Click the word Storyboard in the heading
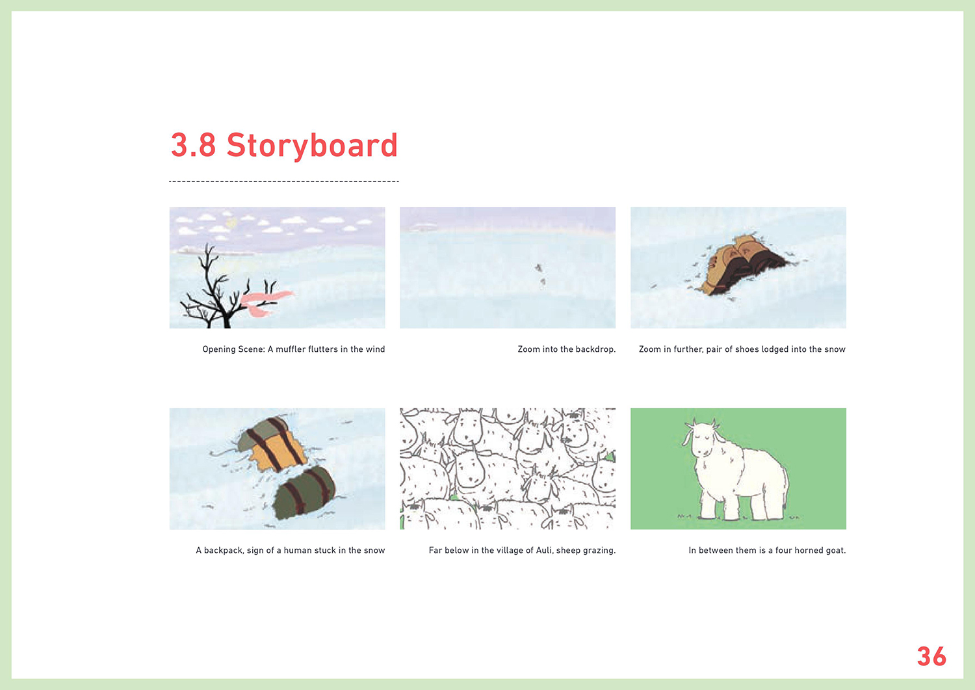coord(312,146)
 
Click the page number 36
coord(931,656)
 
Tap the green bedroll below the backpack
coord(305,493)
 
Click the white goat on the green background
coord(736,471)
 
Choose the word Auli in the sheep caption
coord(543,550)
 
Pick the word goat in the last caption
coord(836,551)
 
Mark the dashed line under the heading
coord(284,181)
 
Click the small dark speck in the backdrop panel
coord(538,267)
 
